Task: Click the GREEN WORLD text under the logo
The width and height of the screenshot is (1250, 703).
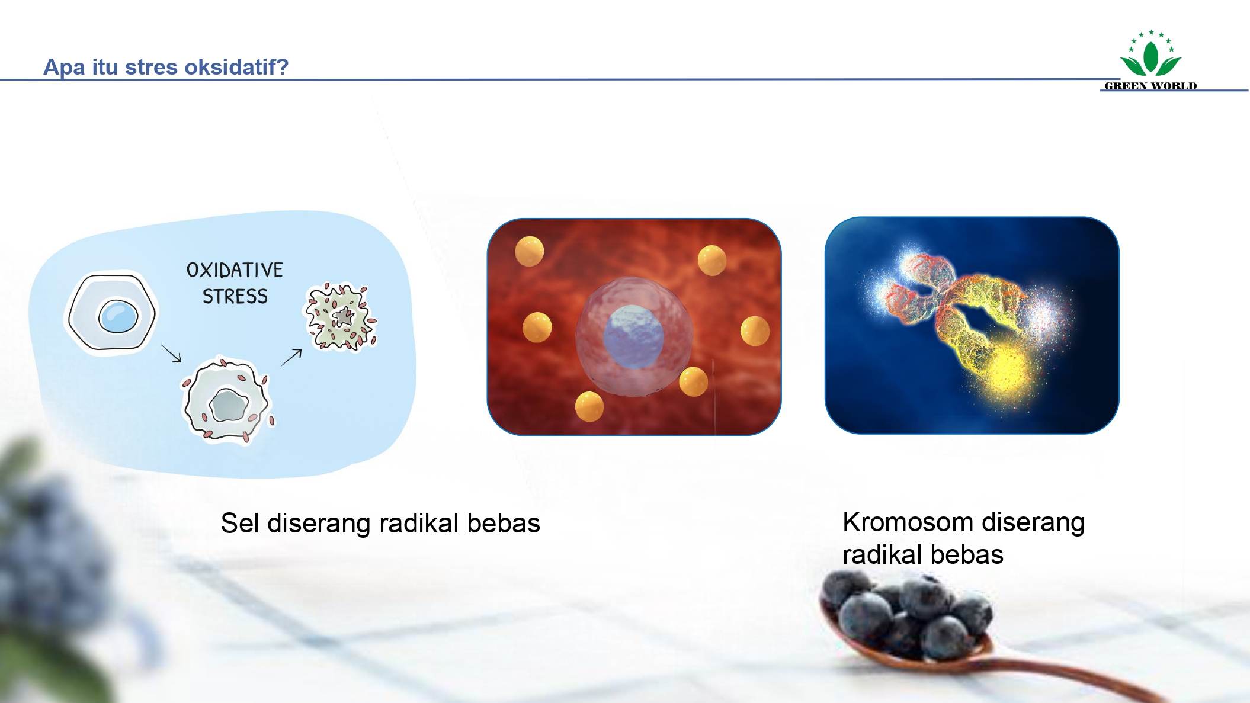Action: [1150, 86]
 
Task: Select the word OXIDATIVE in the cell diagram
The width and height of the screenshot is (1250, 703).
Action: [235, 271]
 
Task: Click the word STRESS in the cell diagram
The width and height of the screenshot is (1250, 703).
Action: [235, 297]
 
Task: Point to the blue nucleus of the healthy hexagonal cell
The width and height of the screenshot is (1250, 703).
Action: [118, 316]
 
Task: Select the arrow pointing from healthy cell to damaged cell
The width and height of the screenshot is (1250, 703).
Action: [171, 354]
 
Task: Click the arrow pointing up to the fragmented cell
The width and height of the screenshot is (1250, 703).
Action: [291, 357]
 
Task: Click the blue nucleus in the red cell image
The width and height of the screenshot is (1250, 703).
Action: [633, 336]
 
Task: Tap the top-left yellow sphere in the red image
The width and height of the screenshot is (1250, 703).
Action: [529, 251]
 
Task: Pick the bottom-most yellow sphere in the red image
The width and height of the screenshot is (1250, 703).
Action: [589, 407]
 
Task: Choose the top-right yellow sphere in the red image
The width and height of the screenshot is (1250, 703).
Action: [712, 261]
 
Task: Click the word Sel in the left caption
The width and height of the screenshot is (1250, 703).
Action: [240, 524]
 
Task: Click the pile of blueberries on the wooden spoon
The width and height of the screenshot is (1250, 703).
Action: [906, 616]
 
